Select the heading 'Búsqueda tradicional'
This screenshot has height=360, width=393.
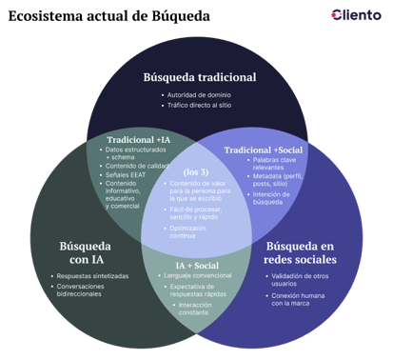point(200,76)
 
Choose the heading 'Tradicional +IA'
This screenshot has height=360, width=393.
point(138,140)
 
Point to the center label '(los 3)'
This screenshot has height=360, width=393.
point(196,170)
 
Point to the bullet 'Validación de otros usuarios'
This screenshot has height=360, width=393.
point(301,280)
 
